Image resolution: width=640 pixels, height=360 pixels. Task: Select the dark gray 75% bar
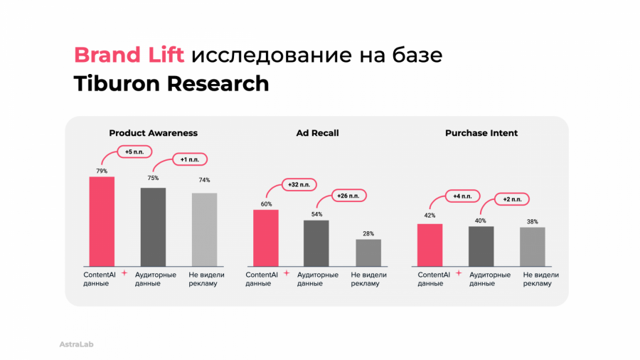click(x=153, y=226)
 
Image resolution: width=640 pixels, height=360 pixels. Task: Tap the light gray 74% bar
click(x=204, y=228)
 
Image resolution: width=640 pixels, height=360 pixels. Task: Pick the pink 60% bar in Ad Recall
click(x=266, y=237)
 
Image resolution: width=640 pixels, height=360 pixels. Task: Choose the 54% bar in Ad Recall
click(x=316, y=242)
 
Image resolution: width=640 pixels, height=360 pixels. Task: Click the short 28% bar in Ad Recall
click(x=368, y=251)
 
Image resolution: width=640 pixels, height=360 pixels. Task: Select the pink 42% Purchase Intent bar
click(x=430, y=243)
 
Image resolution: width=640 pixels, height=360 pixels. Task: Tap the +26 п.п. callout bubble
click(x=348, y=196)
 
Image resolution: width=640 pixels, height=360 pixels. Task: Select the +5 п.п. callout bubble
click(x=134, y=152)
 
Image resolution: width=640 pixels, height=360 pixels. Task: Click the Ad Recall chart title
click(x=317, y=133)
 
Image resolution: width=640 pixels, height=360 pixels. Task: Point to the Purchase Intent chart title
click(x=481, y=133)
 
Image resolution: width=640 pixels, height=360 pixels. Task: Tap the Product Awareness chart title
click(x=153, y=133)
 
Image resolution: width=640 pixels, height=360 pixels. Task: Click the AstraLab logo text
click(x=76, y=344)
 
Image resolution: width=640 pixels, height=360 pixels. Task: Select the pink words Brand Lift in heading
click(x=129, y=55)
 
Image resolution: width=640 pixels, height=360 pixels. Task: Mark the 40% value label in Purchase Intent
click(x=481, y=221)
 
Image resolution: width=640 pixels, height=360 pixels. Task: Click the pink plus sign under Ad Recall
click(x=287, y=272)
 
